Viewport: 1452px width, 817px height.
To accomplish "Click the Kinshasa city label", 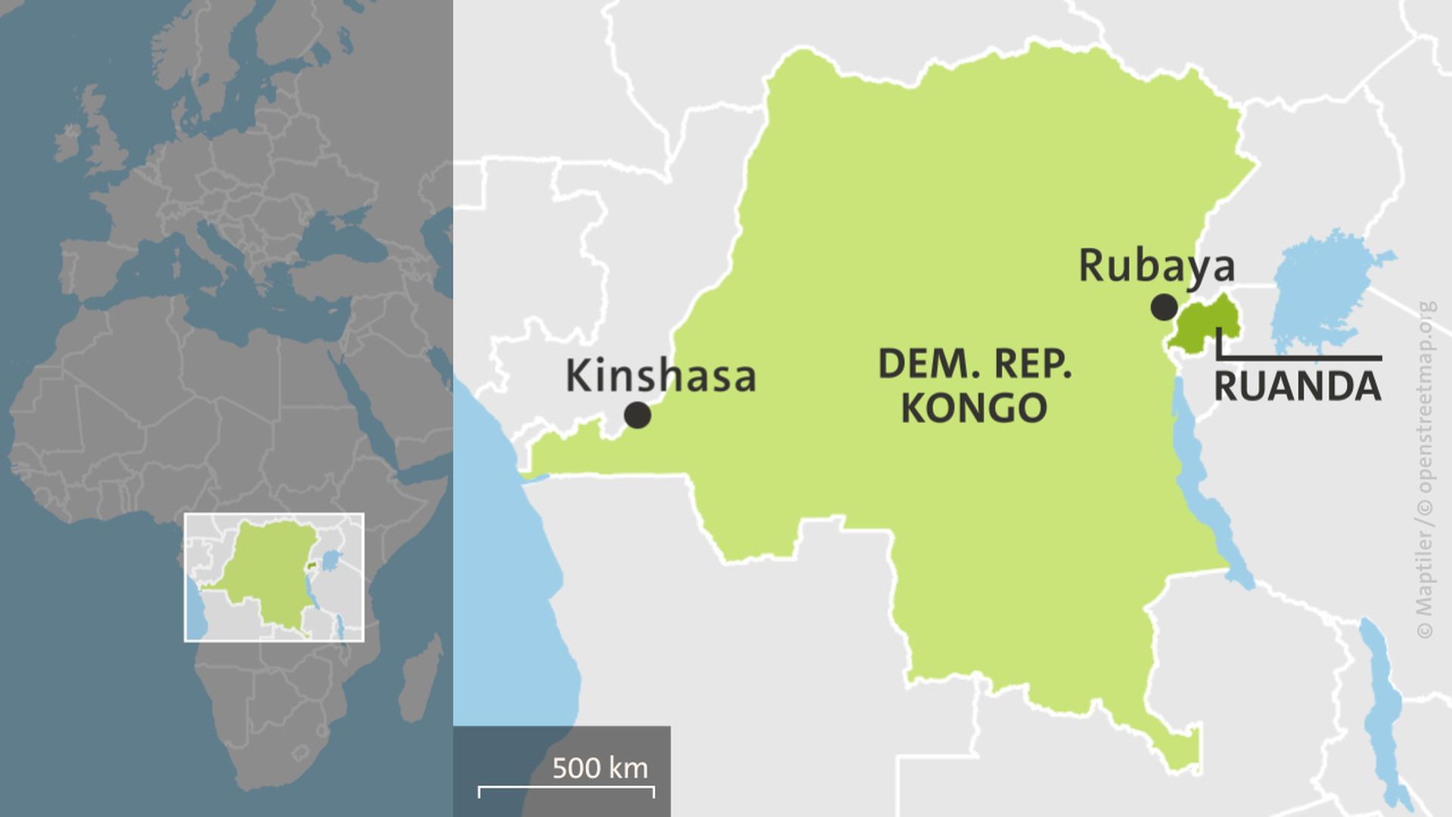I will click(660, 376).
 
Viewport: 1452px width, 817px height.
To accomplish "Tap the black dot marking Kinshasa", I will click(638, 415).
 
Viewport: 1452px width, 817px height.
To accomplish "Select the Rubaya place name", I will click(1156, 266).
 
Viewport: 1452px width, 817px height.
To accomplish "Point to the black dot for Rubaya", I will click(1164, 307).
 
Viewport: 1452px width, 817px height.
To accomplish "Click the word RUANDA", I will click(1297, 386).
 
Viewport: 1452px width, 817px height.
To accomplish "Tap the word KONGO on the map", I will click(974, 408).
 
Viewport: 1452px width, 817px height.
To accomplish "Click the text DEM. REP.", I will click(975, 365).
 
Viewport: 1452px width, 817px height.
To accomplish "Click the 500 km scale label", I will click(600, 768).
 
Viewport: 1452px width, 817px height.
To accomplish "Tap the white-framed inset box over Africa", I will click(274, 577).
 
